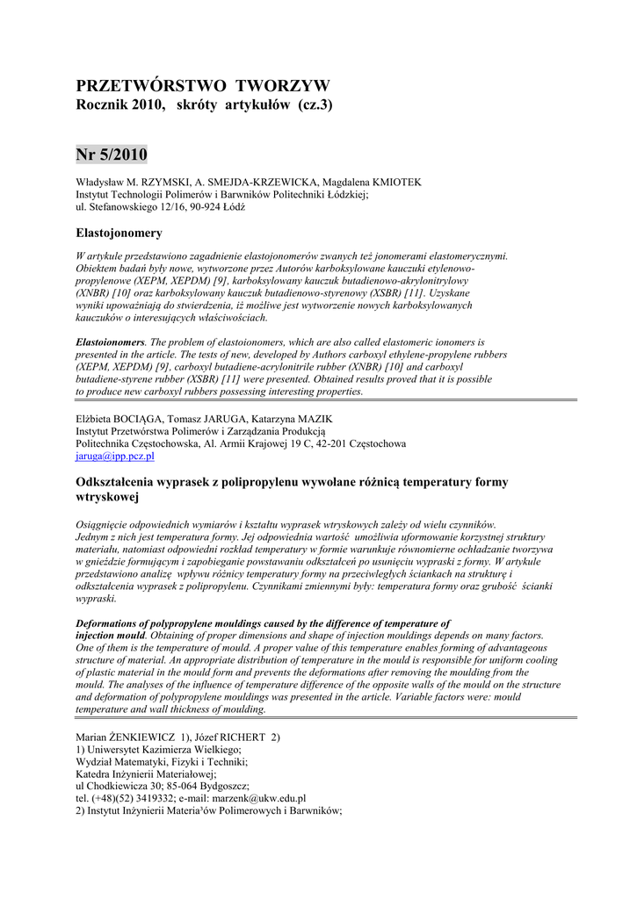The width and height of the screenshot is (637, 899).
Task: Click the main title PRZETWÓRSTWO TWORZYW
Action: (x=203, y=86)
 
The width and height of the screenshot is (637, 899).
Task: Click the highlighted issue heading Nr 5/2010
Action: (x=112, y=155)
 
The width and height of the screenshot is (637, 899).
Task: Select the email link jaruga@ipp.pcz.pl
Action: (x=115, y=456)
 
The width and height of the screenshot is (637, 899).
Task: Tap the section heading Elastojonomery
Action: (x=119, y=233)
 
